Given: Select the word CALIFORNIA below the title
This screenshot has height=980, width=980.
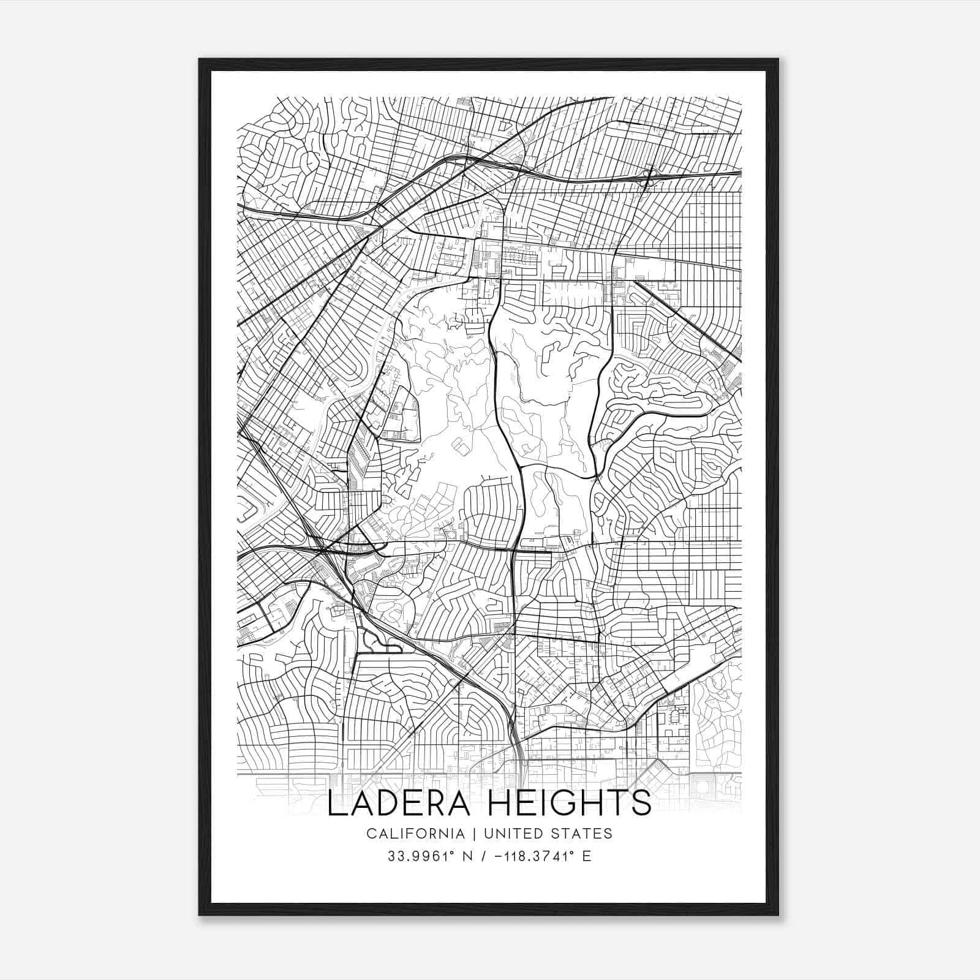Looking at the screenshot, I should (x=415, y=833).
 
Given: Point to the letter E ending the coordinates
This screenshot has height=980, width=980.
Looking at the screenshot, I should (x=587, y=856).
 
